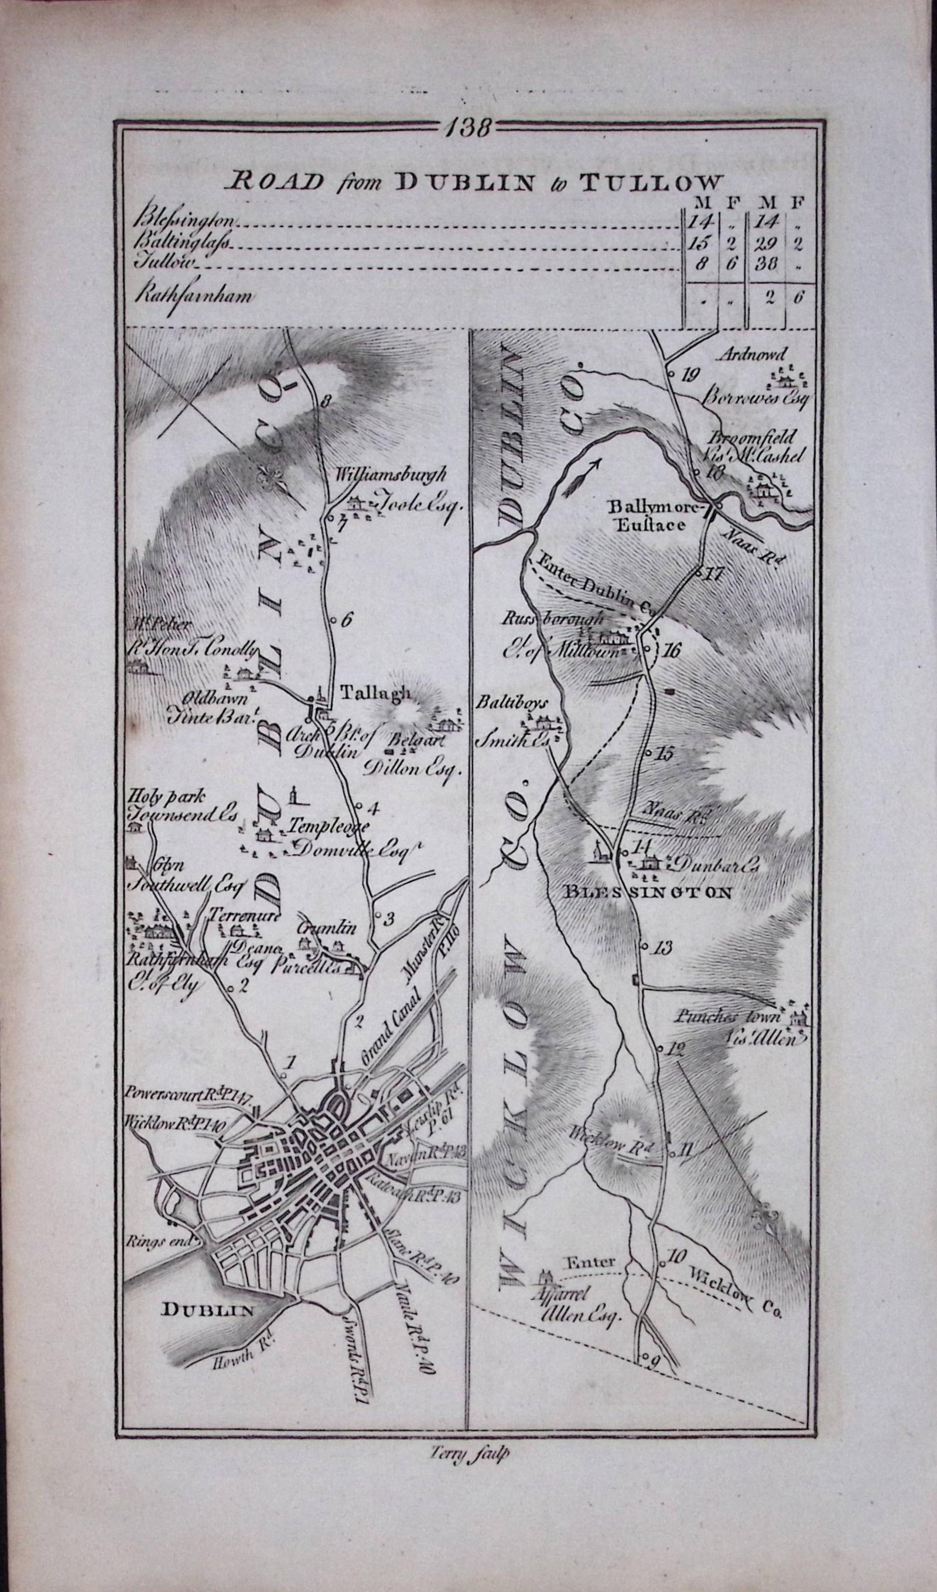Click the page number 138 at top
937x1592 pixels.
coord(468,128)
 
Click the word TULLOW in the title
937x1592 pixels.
coord(649,183)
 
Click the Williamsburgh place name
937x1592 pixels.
coord(392,473)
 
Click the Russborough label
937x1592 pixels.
coord(555,619)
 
